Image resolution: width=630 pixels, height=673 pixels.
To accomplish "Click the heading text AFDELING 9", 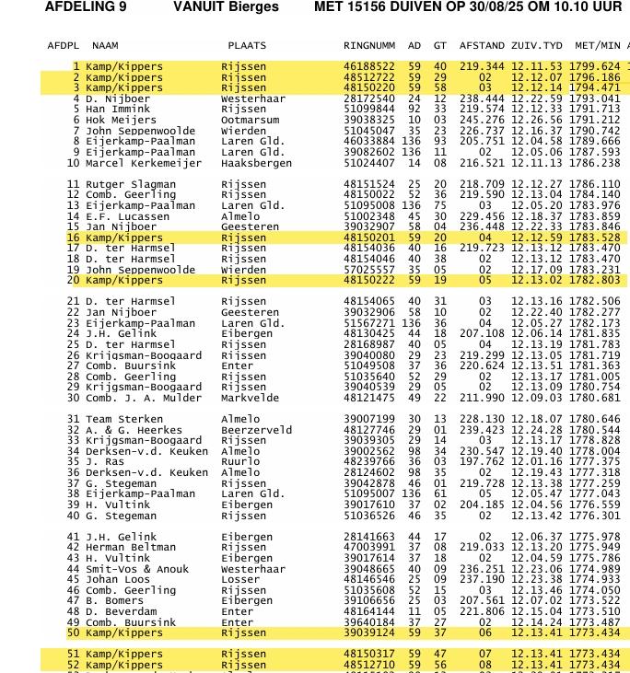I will [86, 7].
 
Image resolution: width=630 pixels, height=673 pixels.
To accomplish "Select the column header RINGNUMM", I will [369, 45].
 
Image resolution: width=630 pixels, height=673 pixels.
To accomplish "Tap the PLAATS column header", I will [247, 45].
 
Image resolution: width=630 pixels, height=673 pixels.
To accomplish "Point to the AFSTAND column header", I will [482, 45].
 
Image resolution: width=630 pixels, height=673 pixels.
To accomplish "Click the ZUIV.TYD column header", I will [536, 45].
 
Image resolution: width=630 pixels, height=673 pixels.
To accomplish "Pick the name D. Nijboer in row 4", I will [118, 99].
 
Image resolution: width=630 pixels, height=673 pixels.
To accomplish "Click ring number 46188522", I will [369, 66].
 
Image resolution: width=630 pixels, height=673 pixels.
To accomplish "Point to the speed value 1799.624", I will [594, 66].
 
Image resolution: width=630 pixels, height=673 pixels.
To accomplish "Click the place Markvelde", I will [250, 398].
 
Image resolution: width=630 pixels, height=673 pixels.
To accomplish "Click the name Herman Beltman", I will [130, 548].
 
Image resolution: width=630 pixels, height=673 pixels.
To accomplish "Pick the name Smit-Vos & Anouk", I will [137, 569].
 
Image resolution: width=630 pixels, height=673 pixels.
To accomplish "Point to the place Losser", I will [239, 580].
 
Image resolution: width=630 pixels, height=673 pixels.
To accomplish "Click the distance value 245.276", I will [482, 120].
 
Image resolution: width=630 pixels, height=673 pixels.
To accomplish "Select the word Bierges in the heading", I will [252, 7].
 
